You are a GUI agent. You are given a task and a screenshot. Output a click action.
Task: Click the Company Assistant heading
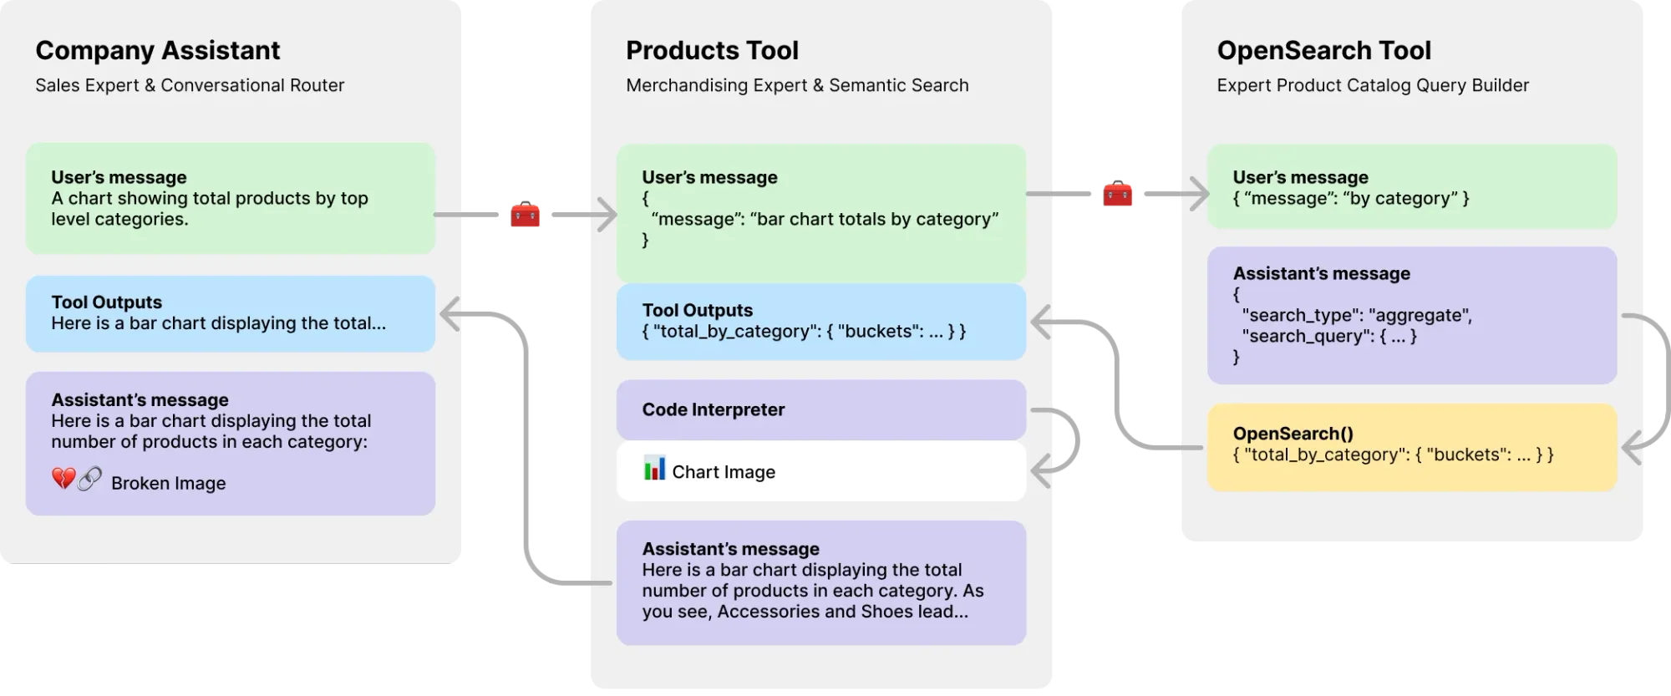[x=157, y=50]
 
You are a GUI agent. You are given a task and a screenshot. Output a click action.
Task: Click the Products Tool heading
[x=712, y=50]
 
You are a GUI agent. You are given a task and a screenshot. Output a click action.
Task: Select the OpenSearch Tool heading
[x=1323, y=50]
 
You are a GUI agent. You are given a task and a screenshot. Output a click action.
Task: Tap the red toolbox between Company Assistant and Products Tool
[x=525, y=215]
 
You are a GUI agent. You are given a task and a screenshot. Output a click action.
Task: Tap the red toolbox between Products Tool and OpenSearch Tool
[x=1119, y=194]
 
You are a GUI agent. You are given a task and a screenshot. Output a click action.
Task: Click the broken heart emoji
[x=63, y=479]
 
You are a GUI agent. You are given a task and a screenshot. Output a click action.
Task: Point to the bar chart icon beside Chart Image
[x=654, y=468]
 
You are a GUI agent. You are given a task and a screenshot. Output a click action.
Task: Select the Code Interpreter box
[x=820, y=409]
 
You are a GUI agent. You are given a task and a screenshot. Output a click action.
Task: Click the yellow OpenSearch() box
[x=1411, y=447]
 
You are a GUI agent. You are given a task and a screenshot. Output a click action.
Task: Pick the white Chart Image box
[x=820, y=471]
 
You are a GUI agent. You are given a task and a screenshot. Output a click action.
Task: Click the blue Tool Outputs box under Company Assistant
[x=230, y=313]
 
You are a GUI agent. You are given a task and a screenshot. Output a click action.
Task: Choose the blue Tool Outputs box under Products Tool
[x=820, y=322]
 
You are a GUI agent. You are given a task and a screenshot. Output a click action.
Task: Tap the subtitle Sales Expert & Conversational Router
[x=190, y=85]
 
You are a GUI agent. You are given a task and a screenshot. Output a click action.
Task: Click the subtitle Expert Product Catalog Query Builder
[x=1373, y=85]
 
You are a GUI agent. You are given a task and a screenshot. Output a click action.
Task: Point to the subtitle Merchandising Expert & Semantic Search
[x=797, y=85]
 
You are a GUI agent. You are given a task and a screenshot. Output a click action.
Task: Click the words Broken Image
[x=168, y=483]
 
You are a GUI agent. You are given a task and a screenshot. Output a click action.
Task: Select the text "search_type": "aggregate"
[x=1357, y=315]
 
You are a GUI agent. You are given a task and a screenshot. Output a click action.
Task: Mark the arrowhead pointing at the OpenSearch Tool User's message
[x=1199, y=194]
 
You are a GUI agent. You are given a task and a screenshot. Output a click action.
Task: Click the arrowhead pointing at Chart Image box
[x=1041, y=471]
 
